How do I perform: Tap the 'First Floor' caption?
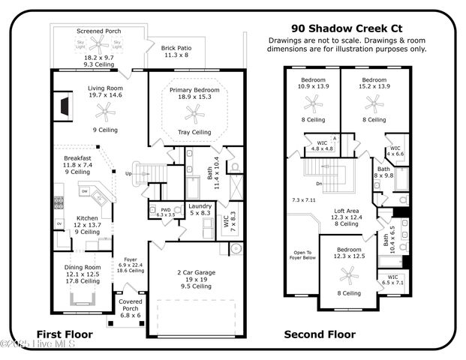[65, 334]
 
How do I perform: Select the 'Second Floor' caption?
[320, 334]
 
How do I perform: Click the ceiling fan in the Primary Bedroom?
[194, 113]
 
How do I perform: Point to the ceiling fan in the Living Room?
[105, 112]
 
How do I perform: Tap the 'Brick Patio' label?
[177, 48]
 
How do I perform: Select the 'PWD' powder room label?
[165, 209]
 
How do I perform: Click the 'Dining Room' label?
[83, 267]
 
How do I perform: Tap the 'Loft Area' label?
[347, 211]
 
